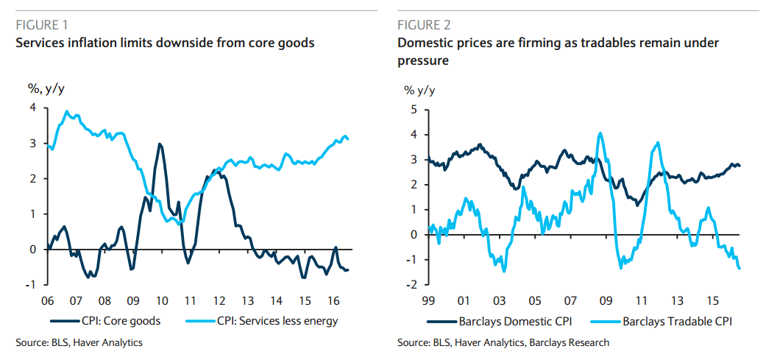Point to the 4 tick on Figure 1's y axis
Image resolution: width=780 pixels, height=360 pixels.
point(32,108)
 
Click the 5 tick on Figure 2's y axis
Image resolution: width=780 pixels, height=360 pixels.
point(414,110)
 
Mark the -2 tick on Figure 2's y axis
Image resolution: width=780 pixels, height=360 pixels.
point(412,284)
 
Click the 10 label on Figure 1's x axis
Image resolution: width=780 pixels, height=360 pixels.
point(161,300)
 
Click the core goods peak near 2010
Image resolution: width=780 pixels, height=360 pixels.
point(160,144)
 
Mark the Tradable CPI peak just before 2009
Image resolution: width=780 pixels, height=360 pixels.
point(600,133)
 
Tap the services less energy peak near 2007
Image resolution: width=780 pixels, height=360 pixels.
point(67,112)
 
